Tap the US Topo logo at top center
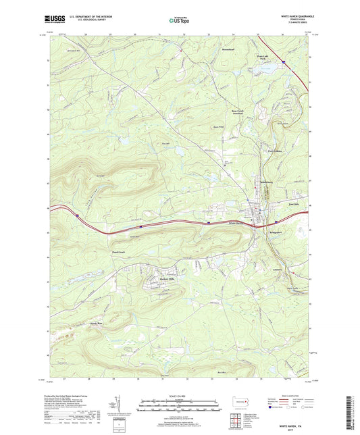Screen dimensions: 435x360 click(179, 20)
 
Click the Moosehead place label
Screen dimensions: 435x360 click(228, 50)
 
